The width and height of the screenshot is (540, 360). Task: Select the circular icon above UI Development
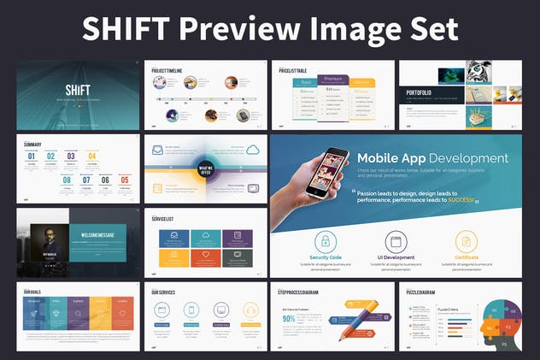395,241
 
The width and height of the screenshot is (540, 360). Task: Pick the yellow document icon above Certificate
466,241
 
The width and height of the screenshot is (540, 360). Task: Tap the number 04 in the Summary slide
92,156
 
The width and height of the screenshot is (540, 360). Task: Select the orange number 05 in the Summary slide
125,180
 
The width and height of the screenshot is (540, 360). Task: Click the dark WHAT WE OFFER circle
205,168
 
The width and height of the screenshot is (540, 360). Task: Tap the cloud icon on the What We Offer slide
252,150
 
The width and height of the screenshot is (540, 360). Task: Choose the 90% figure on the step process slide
288,320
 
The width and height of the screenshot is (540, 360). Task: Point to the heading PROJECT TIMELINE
170,70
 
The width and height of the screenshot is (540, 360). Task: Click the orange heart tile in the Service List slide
206,256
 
